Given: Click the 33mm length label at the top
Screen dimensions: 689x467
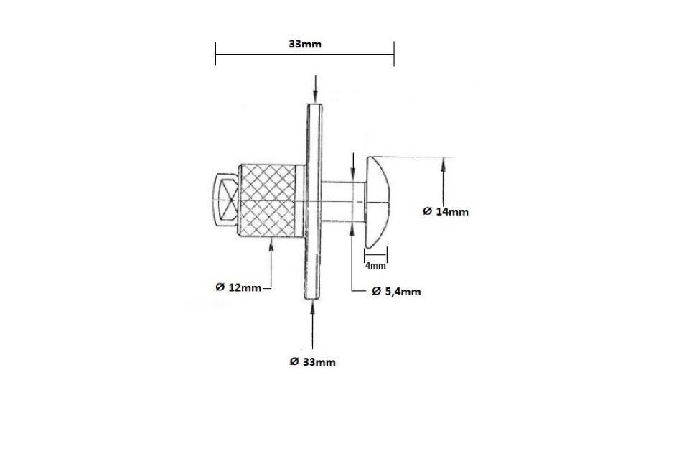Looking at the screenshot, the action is click(x=305, y=44).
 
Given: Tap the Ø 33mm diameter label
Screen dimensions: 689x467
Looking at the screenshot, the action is click(x=312, y=362).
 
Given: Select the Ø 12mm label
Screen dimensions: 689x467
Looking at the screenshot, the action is click(x=238, y=287).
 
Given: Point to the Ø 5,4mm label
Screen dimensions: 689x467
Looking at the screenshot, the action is click(x=396, y=291).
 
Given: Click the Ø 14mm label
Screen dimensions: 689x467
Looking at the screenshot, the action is click(x=446, y=211).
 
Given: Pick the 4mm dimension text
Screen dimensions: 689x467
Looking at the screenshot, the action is click(x=375, y=266).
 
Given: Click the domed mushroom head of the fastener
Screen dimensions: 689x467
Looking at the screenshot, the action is click(x=377, y=202).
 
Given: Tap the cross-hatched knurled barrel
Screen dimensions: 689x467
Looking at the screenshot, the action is click(x=271, y=201).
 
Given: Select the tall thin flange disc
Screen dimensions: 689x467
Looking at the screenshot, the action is click(x=314, y=202).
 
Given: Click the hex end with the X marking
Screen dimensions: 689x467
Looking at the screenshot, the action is click(x=226, y=200).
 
